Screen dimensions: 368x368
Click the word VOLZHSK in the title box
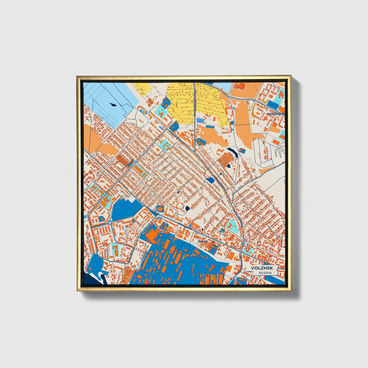coord(260,268)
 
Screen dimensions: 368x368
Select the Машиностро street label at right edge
coord(276,114)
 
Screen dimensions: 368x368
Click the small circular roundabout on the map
coord(110,223)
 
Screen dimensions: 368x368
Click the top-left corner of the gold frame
coord(77,76)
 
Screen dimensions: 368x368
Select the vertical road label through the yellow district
coord(195,104)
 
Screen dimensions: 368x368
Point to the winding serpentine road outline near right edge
coord(279,153)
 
